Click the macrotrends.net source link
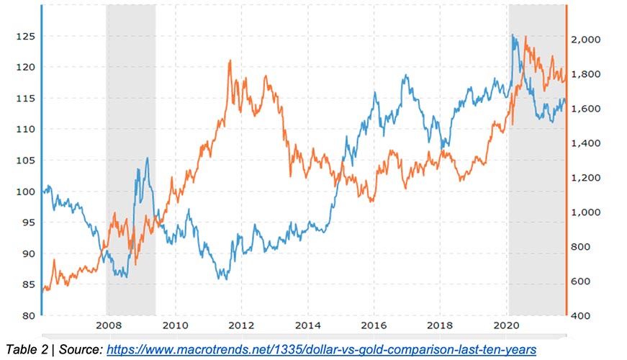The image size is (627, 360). (322, 348)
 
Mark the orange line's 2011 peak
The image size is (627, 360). (230, 60)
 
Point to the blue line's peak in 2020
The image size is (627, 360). (513, 35)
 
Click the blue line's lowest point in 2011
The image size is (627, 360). (223, 279)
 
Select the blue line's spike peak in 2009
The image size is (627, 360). (148, 158)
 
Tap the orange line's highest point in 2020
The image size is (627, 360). (526, 37)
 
